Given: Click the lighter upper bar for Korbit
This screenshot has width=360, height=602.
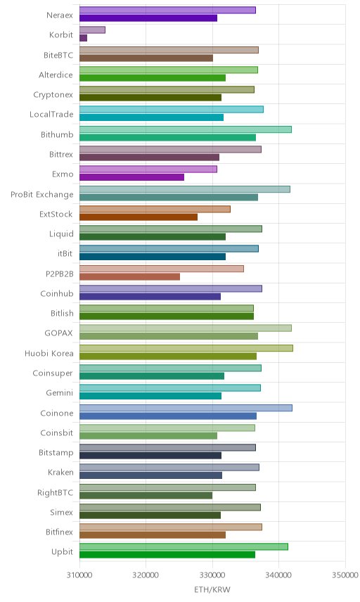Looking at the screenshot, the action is [x=92, y=30].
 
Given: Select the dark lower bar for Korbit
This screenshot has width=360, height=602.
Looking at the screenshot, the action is [x=83, y=38].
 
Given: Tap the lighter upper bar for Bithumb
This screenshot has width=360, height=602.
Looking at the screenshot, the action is [x=186, y=129].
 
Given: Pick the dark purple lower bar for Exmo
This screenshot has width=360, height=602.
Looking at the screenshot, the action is [x=131, y=177].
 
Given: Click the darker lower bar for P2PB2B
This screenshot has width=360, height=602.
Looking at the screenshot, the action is [x=129, y=277].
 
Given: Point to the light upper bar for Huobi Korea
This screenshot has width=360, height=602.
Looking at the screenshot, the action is [x=186, y=348].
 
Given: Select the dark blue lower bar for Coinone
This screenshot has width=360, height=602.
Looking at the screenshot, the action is [x=168, y=416].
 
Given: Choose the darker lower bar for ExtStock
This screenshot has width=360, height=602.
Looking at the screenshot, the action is [x=139, y=217].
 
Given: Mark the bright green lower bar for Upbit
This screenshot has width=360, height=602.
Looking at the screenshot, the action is [x=167, y=555].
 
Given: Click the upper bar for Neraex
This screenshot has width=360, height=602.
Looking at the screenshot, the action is [x=167, y=10].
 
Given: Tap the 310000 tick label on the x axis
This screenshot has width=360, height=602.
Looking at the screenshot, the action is [x=79, y=575].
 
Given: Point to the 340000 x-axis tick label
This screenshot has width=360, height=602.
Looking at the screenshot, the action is [x=278, y=575].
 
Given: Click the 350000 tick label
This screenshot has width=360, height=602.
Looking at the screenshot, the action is [x=345, y=575].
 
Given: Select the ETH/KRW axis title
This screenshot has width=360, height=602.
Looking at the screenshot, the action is [x=212, y=590].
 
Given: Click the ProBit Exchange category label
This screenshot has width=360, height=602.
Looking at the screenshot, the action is [x=41, y=194].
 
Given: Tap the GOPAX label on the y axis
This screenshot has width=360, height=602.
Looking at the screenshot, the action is [x=59, y=333].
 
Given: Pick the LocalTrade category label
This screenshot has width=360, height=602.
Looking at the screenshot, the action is [x=51, y=114].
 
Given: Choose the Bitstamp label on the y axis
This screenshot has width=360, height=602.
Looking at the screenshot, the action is [x=56, y=452].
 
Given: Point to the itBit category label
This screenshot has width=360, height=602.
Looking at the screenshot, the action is [x=65, y=253].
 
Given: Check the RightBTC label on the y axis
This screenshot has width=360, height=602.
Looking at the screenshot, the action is [x=56, y=492].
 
